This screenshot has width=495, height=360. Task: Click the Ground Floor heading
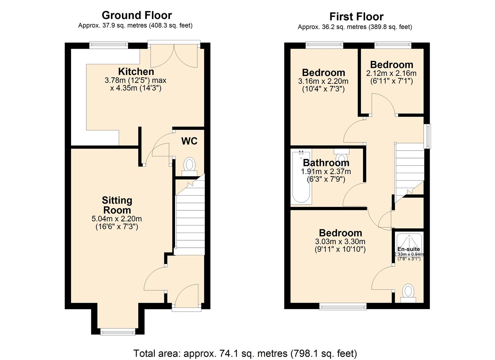pyautogui.click(x=137, y=15)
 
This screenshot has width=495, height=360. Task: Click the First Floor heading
pyautogui.click(x=356, y=17)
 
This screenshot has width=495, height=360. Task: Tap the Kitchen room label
pyautogui.click(x=136, y=71)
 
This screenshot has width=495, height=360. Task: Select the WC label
pyautogui.click(x=189, y=141)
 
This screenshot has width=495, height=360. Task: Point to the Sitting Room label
pyautogui.click(x=117, y=205)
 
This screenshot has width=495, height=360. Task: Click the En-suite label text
pyautogui.click(x=409, y=249)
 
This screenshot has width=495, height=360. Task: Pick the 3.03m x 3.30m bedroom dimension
pyautogui.click(x=340, y=241)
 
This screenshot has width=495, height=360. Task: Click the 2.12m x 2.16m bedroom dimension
pyautogui.click(x=391, y=73)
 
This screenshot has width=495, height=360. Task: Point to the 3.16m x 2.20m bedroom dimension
pyautogui.click(x=323, y=81)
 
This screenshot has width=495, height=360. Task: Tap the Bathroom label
pyautogui.click(x=326, y=163)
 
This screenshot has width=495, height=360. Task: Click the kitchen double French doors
pyautogui.click(x=174, y=55)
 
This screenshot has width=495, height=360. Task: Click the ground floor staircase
pyautogui.click(x=190, y=217)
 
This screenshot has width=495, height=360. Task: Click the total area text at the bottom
pyautogui.click(x=245, y=353)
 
